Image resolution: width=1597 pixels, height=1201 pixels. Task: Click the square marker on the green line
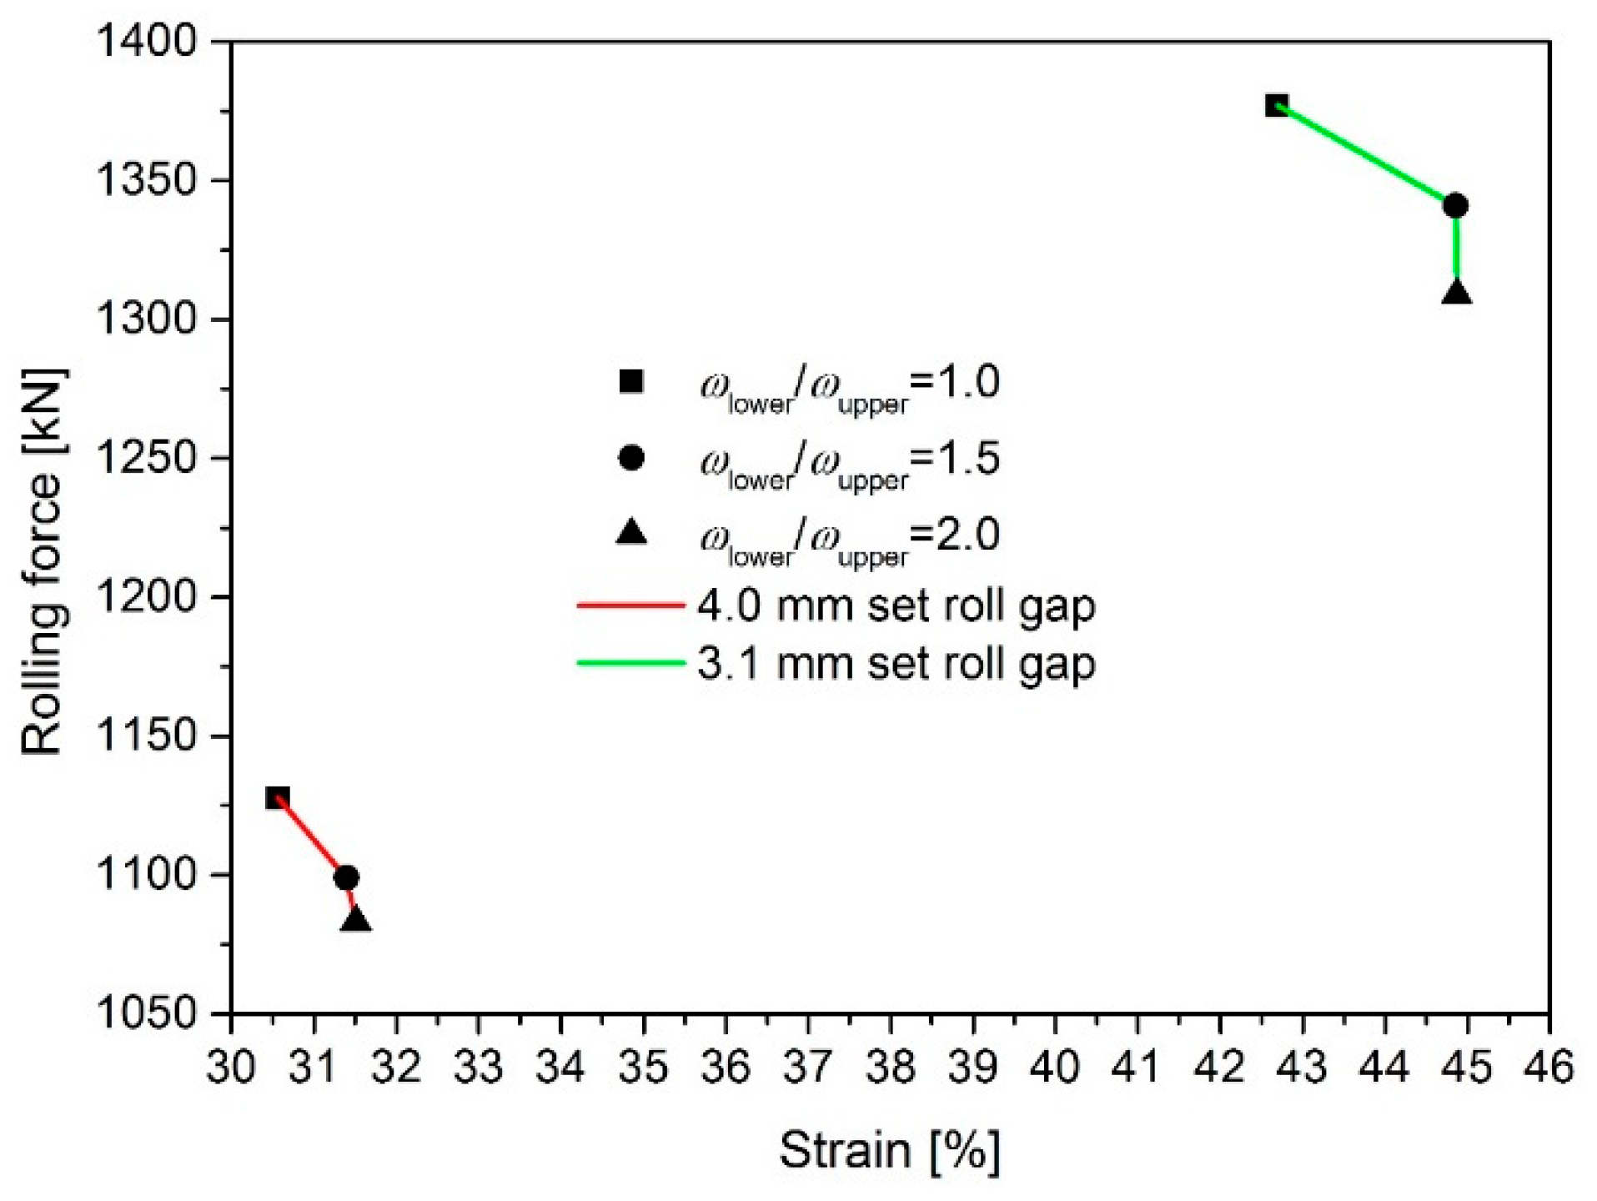pyautogui.click(x=1277, y=106)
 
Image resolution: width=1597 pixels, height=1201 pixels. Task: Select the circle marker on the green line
pyautogui.click(x=1455, y=205)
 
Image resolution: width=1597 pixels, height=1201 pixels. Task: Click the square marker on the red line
pyautogui.click(x=278, y=797)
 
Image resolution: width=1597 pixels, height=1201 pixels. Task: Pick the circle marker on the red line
pyautogui.click(x=346, y=877)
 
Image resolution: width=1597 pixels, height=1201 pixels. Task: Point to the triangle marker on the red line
pyautogui.click(x=355, y=920)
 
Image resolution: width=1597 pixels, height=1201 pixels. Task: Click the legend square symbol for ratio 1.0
pyautogui.click(x=631, y=381)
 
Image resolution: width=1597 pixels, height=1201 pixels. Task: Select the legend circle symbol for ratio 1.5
pyautogui.click(x=631, y=458)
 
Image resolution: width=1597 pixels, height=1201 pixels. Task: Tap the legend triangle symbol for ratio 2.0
pyautogui.click(x=631, y=532)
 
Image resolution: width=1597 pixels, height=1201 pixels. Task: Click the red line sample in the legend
pyautogui.click(x=630, y=605)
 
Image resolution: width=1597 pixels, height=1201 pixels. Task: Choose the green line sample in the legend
pyautogui.click(x=630, y=664)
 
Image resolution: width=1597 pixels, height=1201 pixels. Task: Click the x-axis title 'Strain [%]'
pyautogui.click(x=889, y=1151)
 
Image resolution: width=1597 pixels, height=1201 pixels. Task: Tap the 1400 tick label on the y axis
pyautogui.click(x=146, y=42)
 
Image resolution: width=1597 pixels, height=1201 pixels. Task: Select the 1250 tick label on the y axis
pyautogui.click(x=146, y=458)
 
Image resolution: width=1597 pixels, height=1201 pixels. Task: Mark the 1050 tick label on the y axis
pyautogui.click(x=146, y=1013)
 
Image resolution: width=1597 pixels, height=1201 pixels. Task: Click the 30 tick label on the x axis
pyautogui.click(x=231, y=1067)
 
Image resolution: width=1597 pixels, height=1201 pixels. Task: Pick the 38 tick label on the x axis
pyautogui.click(x=891, y=1067)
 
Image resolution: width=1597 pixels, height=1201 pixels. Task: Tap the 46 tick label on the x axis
pyautogui.click(x=1549, y=1067)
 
